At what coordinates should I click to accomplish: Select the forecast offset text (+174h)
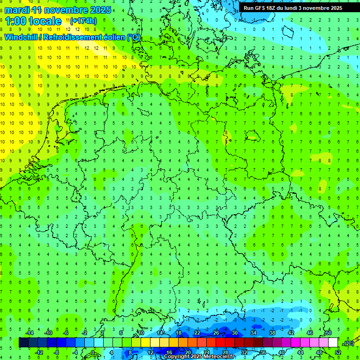83,21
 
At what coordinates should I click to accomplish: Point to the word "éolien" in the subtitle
111,37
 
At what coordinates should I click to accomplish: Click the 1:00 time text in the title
15,21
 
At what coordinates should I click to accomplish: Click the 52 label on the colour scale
337,352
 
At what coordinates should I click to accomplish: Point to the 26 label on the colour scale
216,333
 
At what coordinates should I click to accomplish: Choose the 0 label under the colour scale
93,352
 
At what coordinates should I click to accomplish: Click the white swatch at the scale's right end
333,343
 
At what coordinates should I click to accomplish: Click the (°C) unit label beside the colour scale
349,343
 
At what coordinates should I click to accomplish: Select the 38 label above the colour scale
272,333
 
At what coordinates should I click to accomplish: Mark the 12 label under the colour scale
150,352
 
